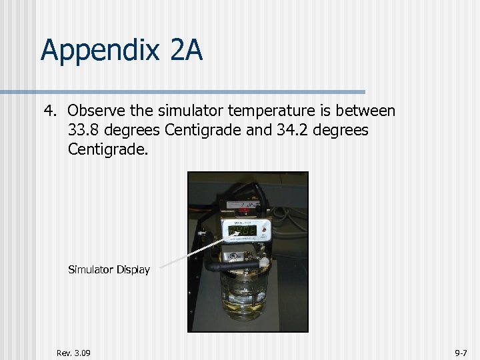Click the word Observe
95,111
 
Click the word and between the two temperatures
259,130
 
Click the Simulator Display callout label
109,270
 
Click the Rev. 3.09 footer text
74,353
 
